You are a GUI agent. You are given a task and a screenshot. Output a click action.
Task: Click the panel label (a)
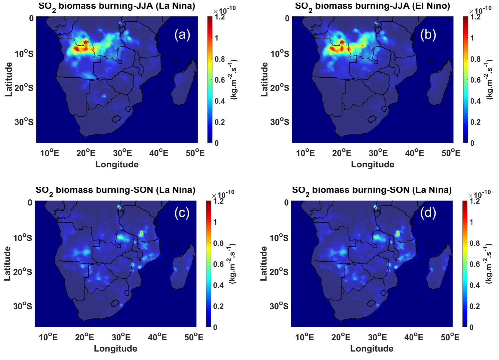pyautogui.click(x=182, y=35)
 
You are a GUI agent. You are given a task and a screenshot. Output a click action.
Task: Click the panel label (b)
pyautogui.click(x=428, y=35)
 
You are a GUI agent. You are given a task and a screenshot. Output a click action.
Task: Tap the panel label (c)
pyautogui.click(x=182, y=213)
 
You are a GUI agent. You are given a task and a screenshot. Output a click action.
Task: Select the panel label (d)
pyautogui.click(x=428, y=213)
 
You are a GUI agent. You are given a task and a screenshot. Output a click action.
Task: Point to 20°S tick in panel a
pyautogui.click(x=24, y=88)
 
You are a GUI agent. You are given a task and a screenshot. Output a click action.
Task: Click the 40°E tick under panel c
pyautogui.click(x=157, y=337)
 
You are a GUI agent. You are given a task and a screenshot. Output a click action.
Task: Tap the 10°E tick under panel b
pyautogui.click(x=305, y=153)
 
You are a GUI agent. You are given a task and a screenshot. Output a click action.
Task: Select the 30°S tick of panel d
pyautogui.click(x=279, y=306)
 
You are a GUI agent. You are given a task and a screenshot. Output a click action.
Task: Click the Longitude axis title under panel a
pyautogui.click(x=117, y=164)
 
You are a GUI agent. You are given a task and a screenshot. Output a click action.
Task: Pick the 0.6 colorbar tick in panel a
pyautogui.click(x=219, y=80)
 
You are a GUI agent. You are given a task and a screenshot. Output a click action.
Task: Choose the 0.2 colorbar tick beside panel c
pyautogui.click(x=218, y=306)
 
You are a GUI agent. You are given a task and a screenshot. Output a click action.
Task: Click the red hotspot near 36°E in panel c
pyautogui.click(x=141, y=233)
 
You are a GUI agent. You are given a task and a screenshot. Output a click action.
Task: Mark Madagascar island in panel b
pyautogui.click(x=440, y=83)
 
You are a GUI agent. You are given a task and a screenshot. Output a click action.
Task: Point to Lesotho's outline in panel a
pyautogui.click(x=116, y=119)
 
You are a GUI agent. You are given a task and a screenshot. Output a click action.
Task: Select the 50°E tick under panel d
pyautogui.click(x=450, y=337)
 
